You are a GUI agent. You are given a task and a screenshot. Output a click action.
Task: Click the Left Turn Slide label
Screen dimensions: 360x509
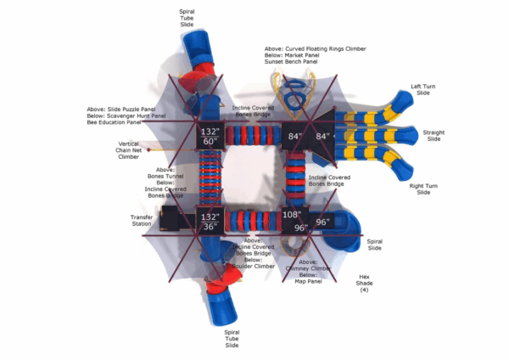pyautogui.click(x=421, y=89)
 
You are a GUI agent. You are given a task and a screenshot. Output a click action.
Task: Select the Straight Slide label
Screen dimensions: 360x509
pyautogui.click(x=433, y=135)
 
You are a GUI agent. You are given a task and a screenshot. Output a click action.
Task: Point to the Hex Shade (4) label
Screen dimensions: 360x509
pyautogui.click(x=364, y=283)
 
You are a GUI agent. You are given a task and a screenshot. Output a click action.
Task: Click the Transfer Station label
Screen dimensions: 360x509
pyautogui.click(x=142, y=220)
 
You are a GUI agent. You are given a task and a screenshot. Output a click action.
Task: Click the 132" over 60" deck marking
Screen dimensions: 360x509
pyautogui.click(x=210, y=136)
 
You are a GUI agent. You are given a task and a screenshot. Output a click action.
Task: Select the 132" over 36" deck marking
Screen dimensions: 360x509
pyautogui.click(x=210, y=221)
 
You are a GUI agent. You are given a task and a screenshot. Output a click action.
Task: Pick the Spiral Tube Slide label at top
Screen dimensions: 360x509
pyautogui.click(x=187, y=18)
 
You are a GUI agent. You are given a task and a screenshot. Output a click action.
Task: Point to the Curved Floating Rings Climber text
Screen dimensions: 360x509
pyautogui.click(x=325, y=49)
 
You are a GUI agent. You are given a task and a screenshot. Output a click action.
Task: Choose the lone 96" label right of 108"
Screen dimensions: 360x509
pyautogui.click(x=322, y=222)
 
